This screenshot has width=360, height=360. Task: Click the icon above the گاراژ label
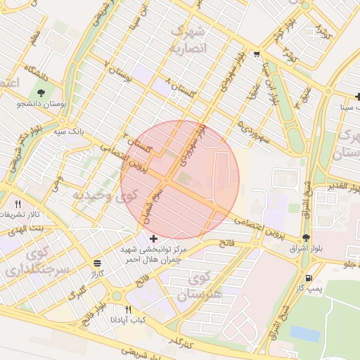[x=96, y=263]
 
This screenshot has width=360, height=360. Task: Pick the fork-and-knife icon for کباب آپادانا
[x=128, y=309]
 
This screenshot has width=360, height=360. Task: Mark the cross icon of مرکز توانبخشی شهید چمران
[x=154, y=239]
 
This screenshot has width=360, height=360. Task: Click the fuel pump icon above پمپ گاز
[x=308, y=278]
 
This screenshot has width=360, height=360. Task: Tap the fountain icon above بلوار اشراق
[x=305, y=238]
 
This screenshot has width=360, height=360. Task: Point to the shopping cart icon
[x=257, y=53]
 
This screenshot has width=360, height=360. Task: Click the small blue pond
[x=304, y=333]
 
